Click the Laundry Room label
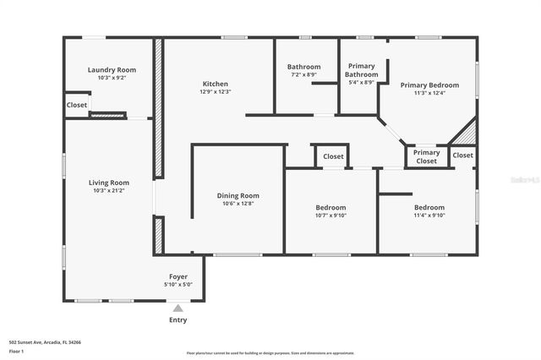click(x=112, y=70)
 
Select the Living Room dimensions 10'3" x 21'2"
click(x=109, y=191)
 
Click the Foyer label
click(x=178, y=276)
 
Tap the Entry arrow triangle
click(x=178, y=308)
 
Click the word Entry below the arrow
click(x=178, y=320)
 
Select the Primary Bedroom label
click(x=429, y=85)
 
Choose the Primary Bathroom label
click(x=362, y=70)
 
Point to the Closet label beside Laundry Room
click(x=77, y=105)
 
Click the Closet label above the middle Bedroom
click(x=333, y=156)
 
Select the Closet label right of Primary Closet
click(x=463, y=155)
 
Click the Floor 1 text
click(x=16, y=351)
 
